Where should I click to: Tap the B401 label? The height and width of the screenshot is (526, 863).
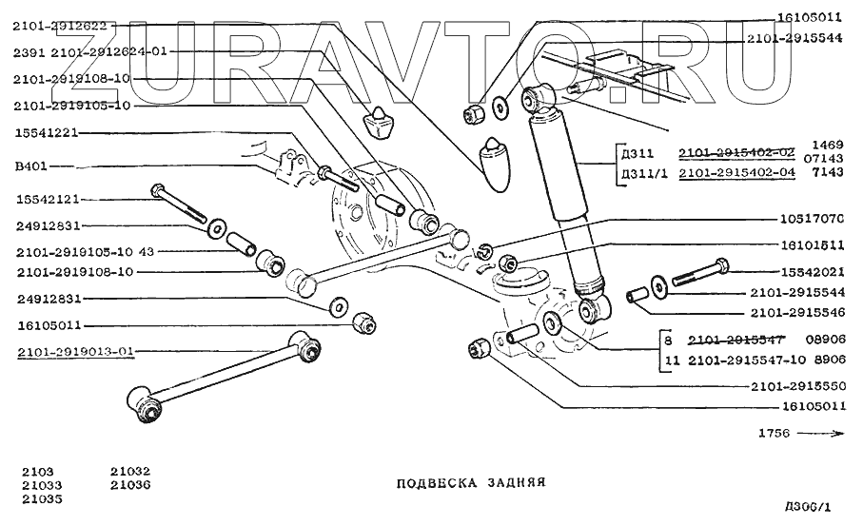tap(31, 166)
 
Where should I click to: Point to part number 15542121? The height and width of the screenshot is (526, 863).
tap(48, 200)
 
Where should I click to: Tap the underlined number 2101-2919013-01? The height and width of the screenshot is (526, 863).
tap(74, 352)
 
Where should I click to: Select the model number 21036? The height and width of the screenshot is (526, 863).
tap(129, 484)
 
